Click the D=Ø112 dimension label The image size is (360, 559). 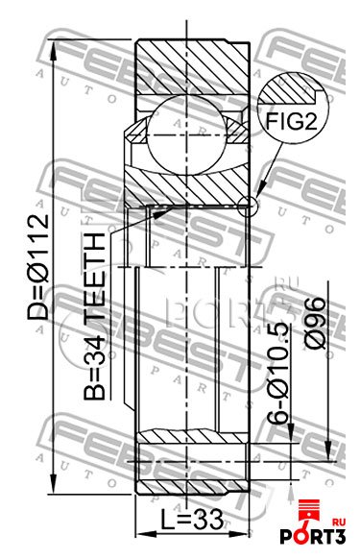(x=38, y=266)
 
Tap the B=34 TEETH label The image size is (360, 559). (x=95, y=316)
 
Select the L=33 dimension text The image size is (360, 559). (x=191, y=519)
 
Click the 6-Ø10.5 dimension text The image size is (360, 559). (x=278, y=373)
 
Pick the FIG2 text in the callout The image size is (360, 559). (x=291, y=121)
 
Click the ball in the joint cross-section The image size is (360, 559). (x=187, y=135)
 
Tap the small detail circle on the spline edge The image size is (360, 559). (x=247, y=207)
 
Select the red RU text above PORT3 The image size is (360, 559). (x=338, y=522)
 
